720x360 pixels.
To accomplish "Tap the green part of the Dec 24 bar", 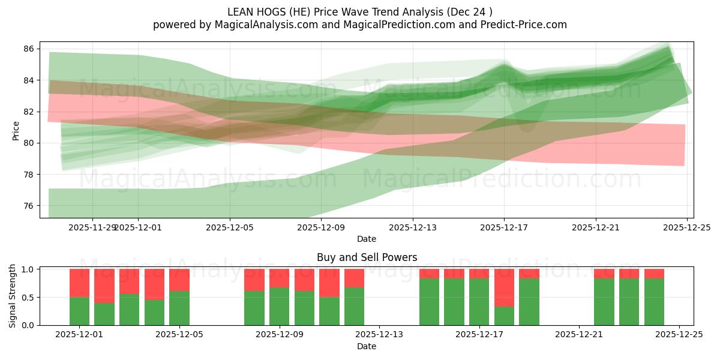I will (x=654, y=302).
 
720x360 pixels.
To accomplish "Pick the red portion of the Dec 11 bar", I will (x=329, y=283).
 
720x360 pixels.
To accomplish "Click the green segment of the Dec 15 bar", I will (x=429, y=302).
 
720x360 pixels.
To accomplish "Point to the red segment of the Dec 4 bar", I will (x=154, y=284).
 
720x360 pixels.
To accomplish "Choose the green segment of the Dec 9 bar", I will (x=279, y=306).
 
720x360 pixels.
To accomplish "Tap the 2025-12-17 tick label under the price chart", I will (x=504, y=227).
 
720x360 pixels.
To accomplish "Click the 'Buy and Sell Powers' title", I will (x=367, y=257).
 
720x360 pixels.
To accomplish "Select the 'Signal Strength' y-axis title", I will (x=13, y=296).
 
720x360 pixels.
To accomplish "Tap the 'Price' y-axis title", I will (x=16, y=130).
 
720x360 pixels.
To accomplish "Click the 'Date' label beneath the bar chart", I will (x=367, y=346).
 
